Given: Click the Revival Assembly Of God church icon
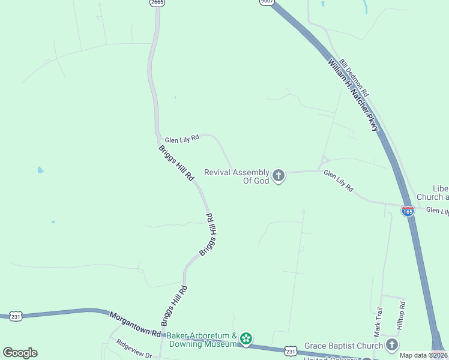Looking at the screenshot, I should coord(278,176).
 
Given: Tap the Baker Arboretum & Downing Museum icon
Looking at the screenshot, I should coord(246,340).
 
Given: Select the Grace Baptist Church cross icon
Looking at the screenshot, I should coord(391,345).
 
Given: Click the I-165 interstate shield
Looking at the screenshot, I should coord(408,211).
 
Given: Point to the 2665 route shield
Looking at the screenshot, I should coord(158,3).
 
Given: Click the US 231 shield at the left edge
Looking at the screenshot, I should coord(16,316).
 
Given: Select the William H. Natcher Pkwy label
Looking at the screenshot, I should coord(354,94).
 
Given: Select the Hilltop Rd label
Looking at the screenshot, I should coord(401,316).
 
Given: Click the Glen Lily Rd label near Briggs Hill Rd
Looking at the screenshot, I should coord(181,138).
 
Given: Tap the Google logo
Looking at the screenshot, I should coord(20,353).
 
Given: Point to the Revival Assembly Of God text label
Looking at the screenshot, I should coord(237,176).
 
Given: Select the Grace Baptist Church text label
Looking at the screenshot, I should coord(343,346).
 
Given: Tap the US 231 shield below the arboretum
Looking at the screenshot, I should coord(291,350).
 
